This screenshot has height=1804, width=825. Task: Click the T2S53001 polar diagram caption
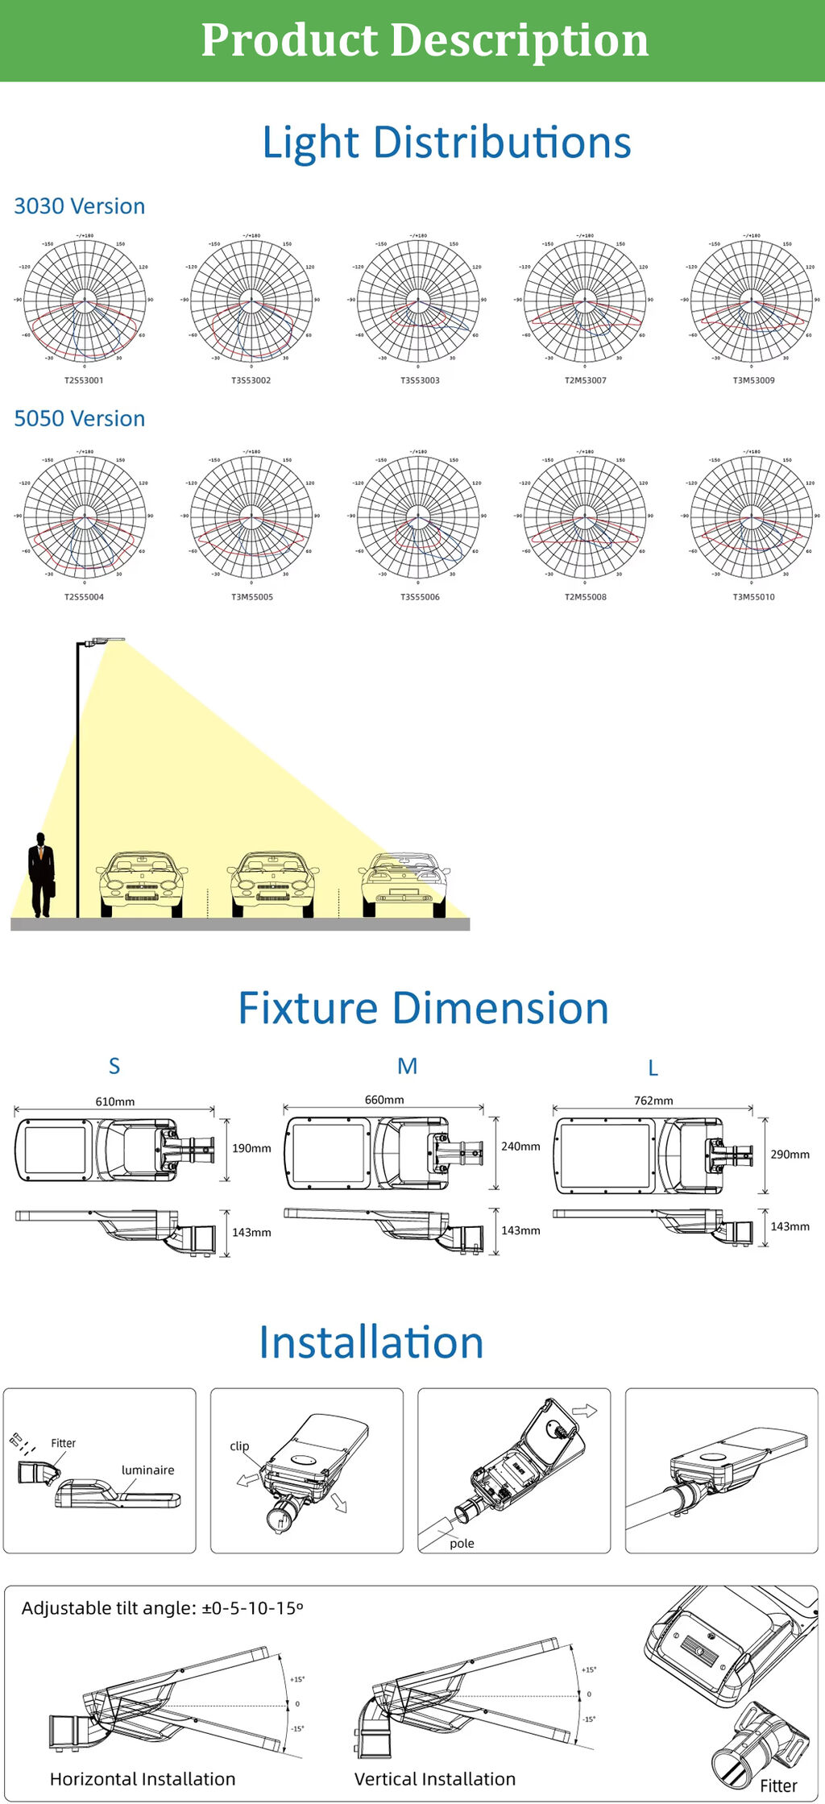pos(84,380)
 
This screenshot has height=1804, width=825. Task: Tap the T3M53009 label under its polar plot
pos(753,380)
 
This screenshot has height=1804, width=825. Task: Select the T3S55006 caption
pos(420,597)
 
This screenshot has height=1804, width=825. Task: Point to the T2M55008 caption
pos(586,597)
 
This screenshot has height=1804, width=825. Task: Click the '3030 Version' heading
pos(80,206)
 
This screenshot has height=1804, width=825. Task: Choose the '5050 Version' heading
pos(80,419)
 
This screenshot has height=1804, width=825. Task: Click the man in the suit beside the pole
pos(42,875)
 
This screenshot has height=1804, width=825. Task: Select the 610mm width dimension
pos(115,1101)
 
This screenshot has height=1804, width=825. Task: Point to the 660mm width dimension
pos(384,1100)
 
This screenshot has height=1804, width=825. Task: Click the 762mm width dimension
pos(653,1101)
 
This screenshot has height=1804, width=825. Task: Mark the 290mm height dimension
pos(790,1155)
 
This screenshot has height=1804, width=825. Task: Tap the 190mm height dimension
pos(251,1148)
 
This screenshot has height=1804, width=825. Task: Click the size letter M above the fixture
pos(408,1066)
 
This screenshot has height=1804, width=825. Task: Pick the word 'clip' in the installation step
pos(239,1446)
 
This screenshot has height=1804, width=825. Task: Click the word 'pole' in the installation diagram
pos(462,1543)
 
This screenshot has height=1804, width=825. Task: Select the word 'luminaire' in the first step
pos(147,1470)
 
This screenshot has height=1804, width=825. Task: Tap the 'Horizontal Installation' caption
pos(143,1779)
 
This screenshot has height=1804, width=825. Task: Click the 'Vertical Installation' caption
pos(435,1779)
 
